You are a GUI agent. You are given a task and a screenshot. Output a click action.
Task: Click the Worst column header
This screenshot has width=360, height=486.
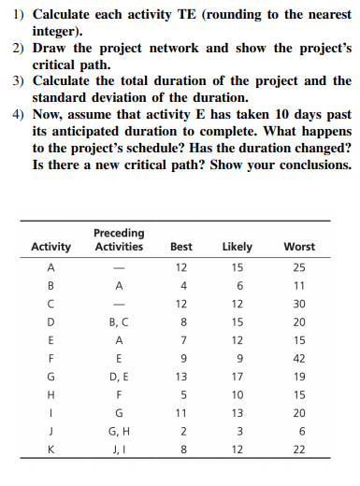pyautogui.click(x=300, y=247)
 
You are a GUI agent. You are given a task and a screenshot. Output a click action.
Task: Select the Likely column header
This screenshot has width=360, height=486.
pyautogui.click(x=238, y=247)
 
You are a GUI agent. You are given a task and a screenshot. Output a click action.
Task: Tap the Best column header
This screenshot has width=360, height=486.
pyautogui.click(x=180, y=247)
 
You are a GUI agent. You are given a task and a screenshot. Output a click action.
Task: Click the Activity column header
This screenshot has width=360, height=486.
pyautogui.click(x=50, y=247)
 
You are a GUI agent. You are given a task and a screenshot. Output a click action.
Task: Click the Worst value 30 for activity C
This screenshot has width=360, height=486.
pyautogui.click(x=300, y=302)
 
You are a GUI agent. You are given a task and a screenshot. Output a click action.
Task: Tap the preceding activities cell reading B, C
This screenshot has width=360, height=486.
pyautogui.click(x=119, y=321)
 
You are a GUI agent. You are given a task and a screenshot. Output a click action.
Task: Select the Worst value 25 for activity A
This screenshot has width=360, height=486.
pyautogui.click(x=300, y=266)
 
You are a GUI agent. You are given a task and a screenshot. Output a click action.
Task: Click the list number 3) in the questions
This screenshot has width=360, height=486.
pyautogui.click(x=19, y=81)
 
